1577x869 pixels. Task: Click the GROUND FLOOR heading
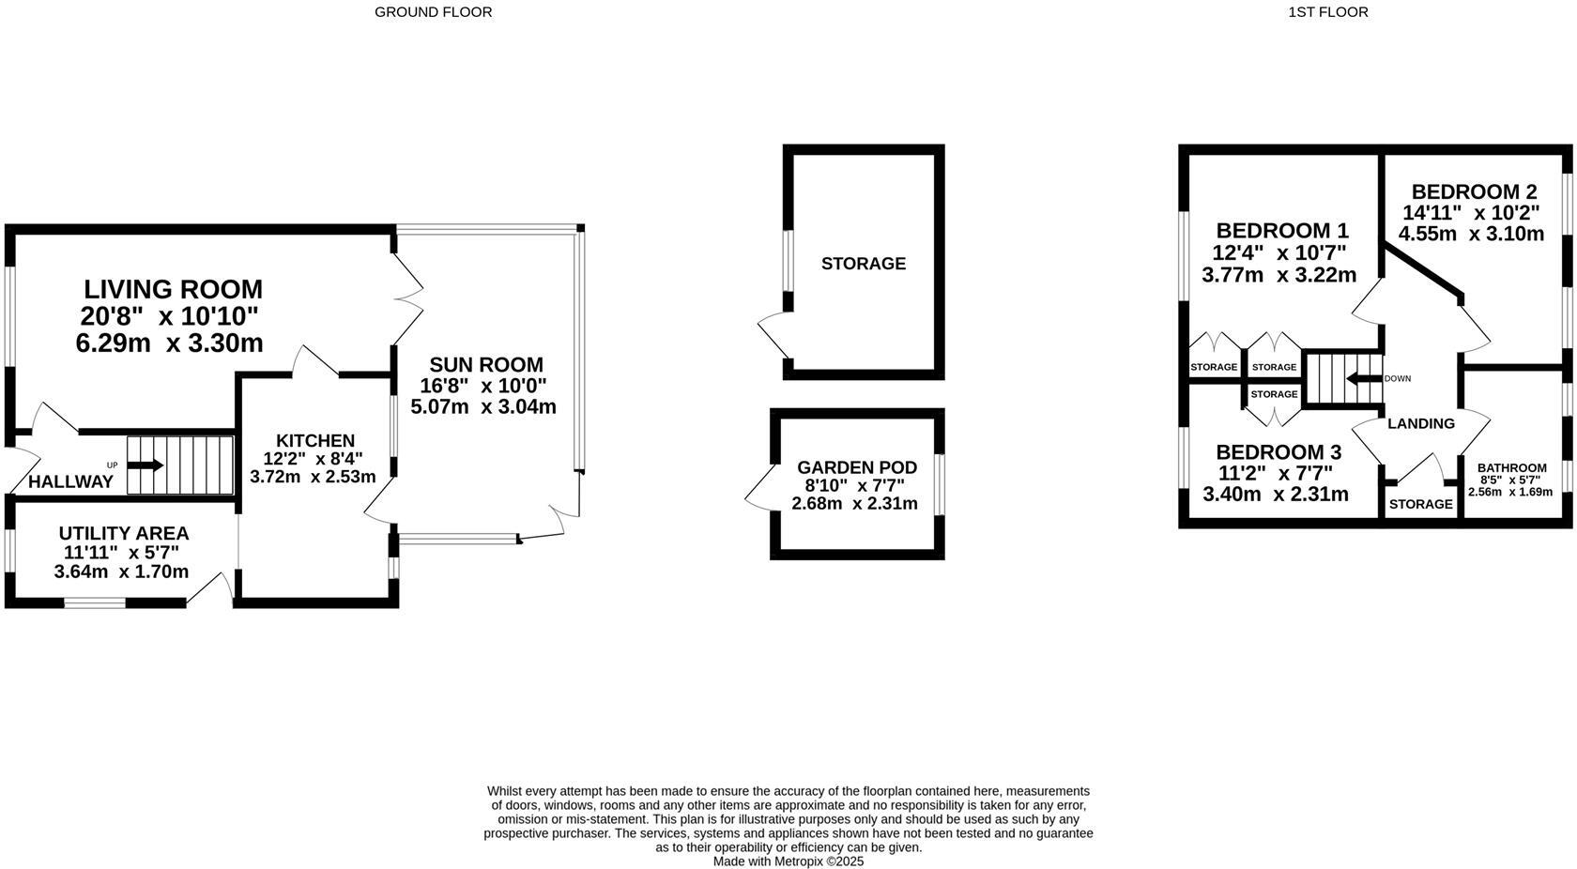(433, 12)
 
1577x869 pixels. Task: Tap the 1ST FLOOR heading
(1327, 12)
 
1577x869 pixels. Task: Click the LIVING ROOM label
(173, 289)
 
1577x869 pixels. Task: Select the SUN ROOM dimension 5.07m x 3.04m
(482, 407)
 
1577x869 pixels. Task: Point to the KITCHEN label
(314, 440)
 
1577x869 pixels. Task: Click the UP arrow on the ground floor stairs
(145, 465)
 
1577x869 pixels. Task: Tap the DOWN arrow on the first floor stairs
(1364, 379)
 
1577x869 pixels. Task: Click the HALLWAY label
(70, 482)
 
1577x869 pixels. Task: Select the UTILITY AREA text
(123, 534)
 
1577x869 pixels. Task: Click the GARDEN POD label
(856, 467)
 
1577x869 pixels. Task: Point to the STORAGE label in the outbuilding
(863, 264)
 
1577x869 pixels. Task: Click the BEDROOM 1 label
(1281, 231)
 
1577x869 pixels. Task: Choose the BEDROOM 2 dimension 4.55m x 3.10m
(1470, 235)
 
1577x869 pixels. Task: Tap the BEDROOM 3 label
(1279, 452)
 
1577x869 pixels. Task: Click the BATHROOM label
(1511, 468)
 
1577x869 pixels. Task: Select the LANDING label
(1420, 423)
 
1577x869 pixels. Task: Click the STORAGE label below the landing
(1420, 504)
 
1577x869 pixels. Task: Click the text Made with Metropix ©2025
(788, 861)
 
